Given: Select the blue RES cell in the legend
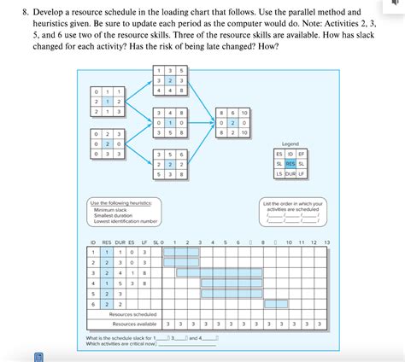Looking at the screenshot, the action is coord(290,163).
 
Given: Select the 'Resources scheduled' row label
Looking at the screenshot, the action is coord(132,313).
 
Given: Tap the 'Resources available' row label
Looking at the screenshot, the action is coord(134,324).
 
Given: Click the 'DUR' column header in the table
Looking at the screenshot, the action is coord(120,242).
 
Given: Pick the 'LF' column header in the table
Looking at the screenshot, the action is coord(145,242).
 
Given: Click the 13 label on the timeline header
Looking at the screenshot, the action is coord(326,242).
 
